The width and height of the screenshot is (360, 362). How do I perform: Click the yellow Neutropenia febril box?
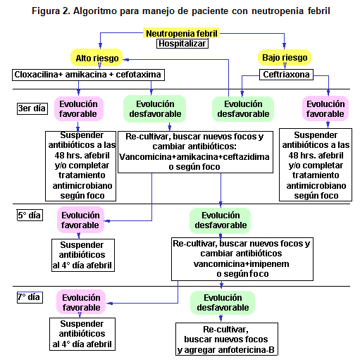click(181, 33)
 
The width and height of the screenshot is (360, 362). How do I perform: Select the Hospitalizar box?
click(182, 44)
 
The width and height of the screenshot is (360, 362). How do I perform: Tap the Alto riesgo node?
click(97, 58)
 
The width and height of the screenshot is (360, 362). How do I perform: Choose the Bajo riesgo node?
click(285, 57)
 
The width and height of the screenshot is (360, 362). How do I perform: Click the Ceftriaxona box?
click(286, 75)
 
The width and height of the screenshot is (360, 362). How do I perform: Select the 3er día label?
click(32, 108)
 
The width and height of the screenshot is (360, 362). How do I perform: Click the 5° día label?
click(30, 215)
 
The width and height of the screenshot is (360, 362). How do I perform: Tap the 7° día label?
click(30, 297)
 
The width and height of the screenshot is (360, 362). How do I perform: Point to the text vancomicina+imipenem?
click(241, 263)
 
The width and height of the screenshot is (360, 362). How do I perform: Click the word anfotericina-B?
click(246, 350)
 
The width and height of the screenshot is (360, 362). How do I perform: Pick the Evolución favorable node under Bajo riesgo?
click(325, 108)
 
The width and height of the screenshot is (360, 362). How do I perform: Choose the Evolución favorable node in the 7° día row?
click(81, 302)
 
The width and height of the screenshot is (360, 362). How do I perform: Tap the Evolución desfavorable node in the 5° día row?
click(221, 220)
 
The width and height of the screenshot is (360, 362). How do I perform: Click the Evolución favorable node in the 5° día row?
click(80, 220)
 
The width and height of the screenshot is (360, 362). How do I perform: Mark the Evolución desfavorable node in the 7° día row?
click(223, 303)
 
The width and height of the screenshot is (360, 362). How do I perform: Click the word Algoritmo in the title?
click(95, 11)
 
